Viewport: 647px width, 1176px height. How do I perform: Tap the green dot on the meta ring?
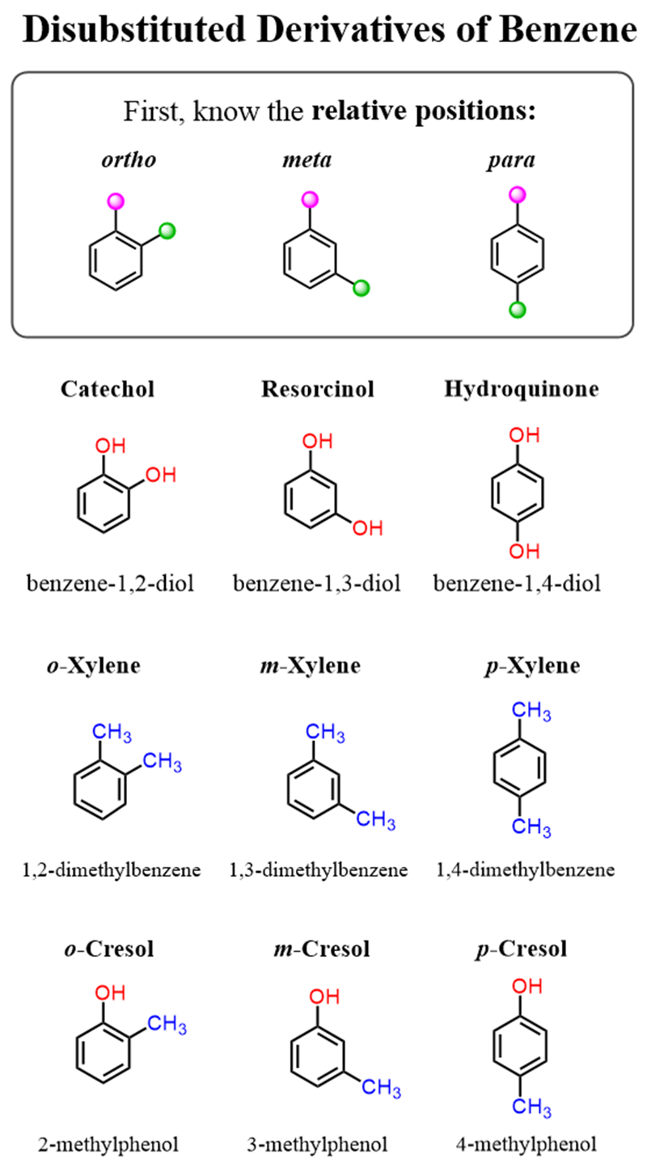coord(362,286)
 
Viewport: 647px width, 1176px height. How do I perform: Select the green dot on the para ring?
coord(518,309)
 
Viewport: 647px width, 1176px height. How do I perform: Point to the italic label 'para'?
coord(518,159)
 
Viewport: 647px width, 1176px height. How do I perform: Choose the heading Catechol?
coord(108,389)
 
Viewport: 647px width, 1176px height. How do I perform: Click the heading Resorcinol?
coord(318,389)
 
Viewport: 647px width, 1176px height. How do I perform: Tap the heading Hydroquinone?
coord(522,389)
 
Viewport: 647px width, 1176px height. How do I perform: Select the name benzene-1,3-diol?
coord(317,583)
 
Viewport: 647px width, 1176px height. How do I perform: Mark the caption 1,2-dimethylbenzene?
coord(112,871)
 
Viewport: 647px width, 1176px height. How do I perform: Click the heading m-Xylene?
coord(317,666)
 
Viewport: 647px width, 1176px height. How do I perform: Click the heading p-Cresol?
coord(521,949)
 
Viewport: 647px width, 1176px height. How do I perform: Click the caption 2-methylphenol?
coord(108,1144)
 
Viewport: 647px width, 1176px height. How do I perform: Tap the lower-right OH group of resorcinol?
coord(366,528)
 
